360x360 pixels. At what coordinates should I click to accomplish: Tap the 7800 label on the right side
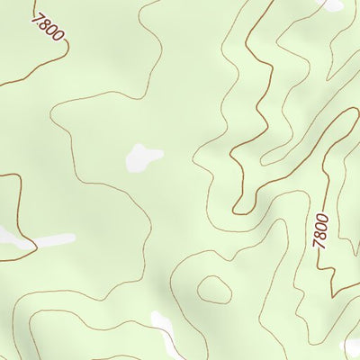pyautogui.click(x=320, y=230)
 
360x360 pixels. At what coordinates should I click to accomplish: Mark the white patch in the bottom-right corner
pyautogui.click(x=353, y=346)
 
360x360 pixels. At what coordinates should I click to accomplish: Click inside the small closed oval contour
pyautogui.click(x=213, y=290)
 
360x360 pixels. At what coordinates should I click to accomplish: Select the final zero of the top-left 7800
pyautogui.click(x=58, y=37)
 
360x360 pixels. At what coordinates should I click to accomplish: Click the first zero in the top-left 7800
pyautogui.click(x=51, y=31)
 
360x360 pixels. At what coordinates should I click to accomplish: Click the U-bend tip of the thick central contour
pyautogui.click(x=238, y=212)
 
